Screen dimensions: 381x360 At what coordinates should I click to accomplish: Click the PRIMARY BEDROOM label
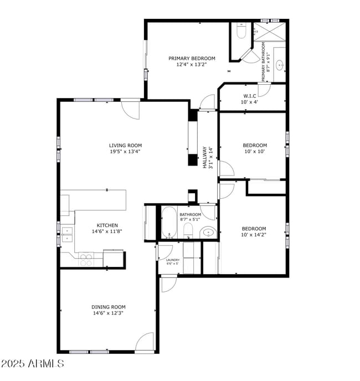coord(192,58)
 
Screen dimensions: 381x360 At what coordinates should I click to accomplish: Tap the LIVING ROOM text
coord(125,146)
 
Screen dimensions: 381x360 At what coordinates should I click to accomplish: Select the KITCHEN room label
coord(107,225)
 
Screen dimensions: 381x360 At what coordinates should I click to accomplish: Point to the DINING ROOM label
coord(109,307)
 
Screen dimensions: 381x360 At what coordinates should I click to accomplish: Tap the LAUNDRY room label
coord(172,260)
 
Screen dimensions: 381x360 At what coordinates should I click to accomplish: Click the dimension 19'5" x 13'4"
coord(125,151)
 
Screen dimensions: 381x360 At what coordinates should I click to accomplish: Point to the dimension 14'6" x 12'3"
coord(109,313)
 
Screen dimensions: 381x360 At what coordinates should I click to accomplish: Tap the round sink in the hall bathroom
coord(207,233)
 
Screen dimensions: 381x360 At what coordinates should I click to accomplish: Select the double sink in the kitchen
coord(67,235)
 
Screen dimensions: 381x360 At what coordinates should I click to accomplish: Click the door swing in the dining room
coord(145,342)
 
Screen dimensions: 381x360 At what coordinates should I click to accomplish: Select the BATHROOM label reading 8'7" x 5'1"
coord(190,217)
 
